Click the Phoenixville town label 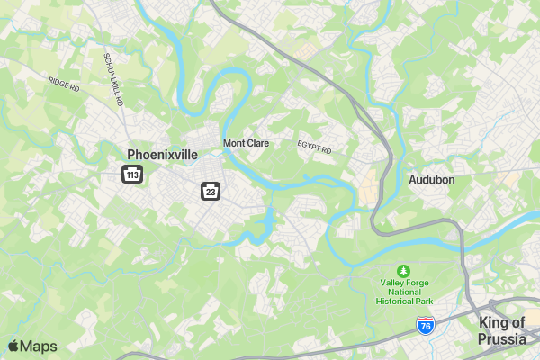(162, 155)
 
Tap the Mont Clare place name (247, 143)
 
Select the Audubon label (432, 180)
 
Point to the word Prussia (502, 339)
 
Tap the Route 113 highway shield (132, 174)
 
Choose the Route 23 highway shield (210, 191)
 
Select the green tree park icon (404, 270)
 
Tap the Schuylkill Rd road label (113, 78)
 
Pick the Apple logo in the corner (13, 346)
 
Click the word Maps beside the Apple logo (39, 346)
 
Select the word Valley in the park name (391, 283)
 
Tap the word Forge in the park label (418, 283)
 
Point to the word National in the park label (404, 292)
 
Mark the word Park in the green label (423, 301)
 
